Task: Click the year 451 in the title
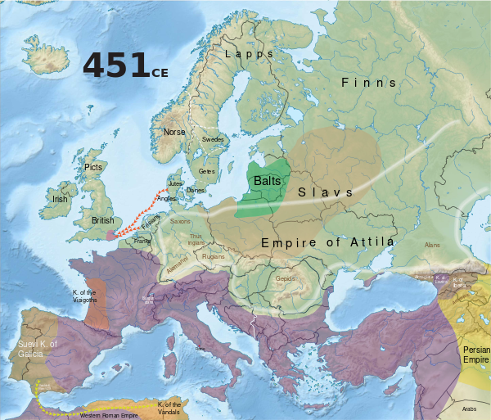115,66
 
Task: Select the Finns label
368,83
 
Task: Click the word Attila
369,242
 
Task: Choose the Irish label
60,199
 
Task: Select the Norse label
174,132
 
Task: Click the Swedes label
213,140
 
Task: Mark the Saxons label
179,221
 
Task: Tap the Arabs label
468,408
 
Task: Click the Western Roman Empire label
107,415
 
